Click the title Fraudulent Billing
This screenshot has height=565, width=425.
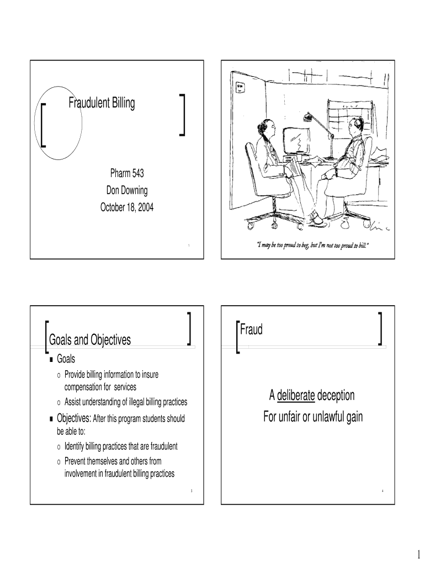pyautogui.click(x=102, y=103)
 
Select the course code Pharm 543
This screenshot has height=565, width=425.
pyautogui.click(x=127, y=174)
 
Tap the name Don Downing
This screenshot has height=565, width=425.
pyautogui.click(x=127, y=190)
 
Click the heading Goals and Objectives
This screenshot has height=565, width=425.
pyautogui.click(x=90, y=340)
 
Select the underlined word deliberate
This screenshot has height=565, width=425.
pyautogui.click(x=296, y=396)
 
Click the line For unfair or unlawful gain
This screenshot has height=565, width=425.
pyautogui.click(x=312, y=417)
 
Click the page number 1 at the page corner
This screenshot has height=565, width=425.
pyautogui.click(x=412, y=553)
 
